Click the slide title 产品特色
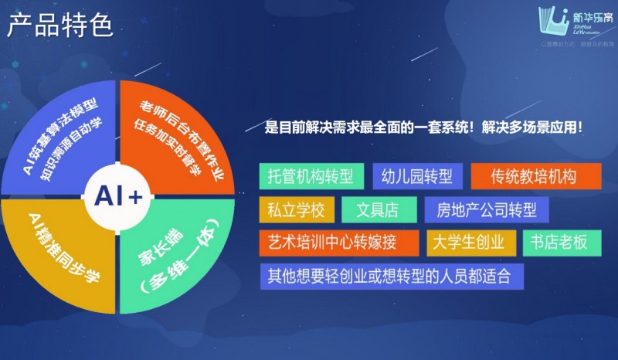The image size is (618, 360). (60, 25)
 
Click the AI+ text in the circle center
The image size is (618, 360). (119, 197)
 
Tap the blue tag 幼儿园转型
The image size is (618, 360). (417, 176)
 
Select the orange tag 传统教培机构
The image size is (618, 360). (534, 176)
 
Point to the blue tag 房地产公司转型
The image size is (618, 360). (487, 209)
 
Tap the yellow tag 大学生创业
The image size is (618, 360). (471, 243)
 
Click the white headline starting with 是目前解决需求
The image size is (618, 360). (423, 127)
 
